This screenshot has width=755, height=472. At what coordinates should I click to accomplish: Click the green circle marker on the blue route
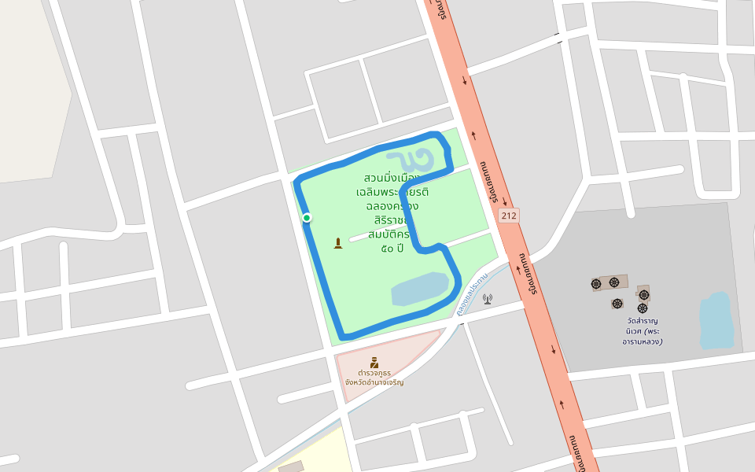point(307,218)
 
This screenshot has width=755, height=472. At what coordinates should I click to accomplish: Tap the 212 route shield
point(509,215)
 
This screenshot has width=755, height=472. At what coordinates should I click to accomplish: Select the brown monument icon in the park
point(338,243)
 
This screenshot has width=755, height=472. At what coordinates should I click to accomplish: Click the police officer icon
point(374,363)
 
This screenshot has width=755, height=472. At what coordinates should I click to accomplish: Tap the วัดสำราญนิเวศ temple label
point(643,331)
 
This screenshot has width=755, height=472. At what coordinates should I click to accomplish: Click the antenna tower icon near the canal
point(487,299)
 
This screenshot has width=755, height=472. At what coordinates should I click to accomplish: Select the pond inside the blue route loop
point(420,289)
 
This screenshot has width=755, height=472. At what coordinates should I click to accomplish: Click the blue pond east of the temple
point(715,320)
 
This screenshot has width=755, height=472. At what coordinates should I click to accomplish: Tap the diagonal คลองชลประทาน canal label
point(472,293)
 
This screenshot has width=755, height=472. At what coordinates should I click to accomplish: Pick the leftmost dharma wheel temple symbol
point(596,283)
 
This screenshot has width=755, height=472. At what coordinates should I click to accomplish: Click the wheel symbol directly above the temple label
point(643,308)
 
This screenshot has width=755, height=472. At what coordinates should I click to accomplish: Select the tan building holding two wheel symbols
point(610,282)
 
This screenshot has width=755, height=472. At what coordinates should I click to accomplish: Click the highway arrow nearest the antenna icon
point(519,268)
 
